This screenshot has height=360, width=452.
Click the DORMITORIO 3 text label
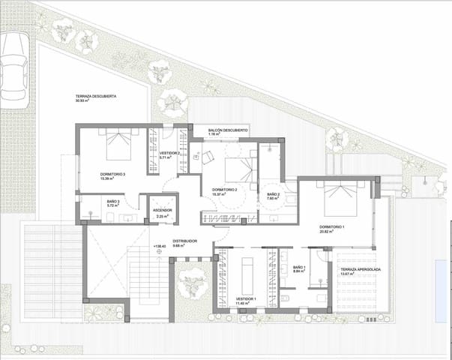tap(112, 175)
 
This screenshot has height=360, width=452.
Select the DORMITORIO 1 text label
tap(331, 227)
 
